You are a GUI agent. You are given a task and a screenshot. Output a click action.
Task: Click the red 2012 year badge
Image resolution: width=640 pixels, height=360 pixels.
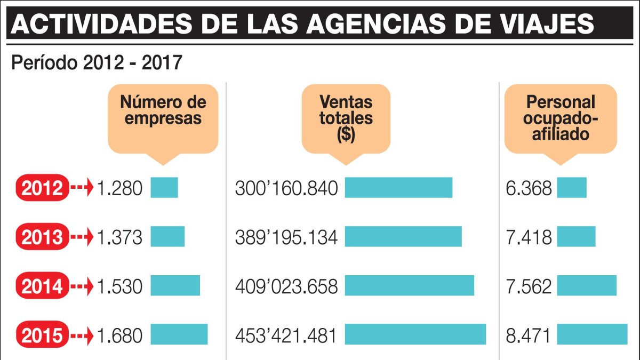[x=43, y=188]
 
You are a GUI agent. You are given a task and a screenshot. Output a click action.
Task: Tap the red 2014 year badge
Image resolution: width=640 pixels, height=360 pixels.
[x=43, y=286]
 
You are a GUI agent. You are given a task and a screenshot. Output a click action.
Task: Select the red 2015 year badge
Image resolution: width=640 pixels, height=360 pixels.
[x=43, y=335]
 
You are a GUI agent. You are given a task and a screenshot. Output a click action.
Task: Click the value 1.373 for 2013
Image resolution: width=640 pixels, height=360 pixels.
[x=120, y=237]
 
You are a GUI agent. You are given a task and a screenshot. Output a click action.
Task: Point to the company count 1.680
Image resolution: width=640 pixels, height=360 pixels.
[x=120, y=335]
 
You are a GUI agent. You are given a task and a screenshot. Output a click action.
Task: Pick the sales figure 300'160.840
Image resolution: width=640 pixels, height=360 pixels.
[x=286, y=188]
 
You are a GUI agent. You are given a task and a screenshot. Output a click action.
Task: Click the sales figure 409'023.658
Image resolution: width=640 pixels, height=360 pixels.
[x=286, y=286]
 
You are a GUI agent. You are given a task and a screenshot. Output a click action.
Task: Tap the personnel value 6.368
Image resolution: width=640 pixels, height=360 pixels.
[x=529, y=188]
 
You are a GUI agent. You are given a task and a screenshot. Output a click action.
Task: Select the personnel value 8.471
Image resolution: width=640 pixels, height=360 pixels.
[x=529, y=335]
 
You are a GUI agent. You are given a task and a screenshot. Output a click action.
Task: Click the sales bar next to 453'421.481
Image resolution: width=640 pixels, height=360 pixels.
[x=415, y=334]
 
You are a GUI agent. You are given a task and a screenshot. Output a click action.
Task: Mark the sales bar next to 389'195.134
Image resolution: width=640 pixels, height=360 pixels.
[x=403, y=236]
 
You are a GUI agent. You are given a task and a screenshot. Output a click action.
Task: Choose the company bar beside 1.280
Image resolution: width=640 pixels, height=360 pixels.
[x=164, y=187]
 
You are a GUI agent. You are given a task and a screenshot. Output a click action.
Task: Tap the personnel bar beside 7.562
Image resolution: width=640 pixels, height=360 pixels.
[x=587, y=285]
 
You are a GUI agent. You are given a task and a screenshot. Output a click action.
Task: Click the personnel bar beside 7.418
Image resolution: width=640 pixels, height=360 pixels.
[x=576, y=236]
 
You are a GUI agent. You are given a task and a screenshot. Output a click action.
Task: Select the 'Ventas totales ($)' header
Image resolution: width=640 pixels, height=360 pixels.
[x=346, y=118]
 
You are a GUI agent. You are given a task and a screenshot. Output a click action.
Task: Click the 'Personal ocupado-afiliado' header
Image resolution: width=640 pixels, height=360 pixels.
[x=560, y=117]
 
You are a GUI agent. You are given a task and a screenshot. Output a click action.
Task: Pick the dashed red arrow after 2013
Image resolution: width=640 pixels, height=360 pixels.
[x=82, y=237]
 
